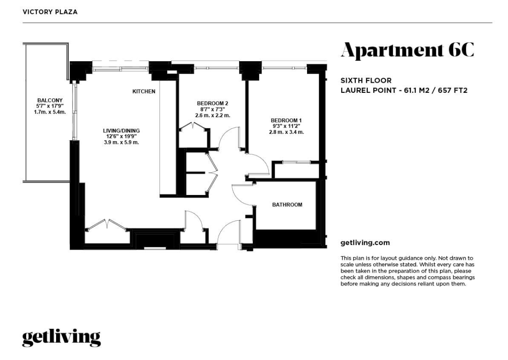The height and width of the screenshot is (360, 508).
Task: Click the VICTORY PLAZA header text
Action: [50, 12]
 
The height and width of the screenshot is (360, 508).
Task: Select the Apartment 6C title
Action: [408, 50]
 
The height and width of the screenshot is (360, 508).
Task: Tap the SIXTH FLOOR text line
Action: [366, 80]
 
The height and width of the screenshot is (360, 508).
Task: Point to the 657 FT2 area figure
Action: [452, 91]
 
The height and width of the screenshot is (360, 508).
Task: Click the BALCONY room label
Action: [50, 100]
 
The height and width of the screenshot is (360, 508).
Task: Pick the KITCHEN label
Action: [144, 91]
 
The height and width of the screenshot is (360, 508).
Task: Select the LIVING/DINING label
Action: [121, 131]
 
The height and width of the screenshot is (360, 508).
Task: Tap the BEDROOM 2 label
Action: [212, 103]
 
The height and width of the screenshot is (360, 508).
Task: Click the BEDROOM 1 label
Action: [286, 120]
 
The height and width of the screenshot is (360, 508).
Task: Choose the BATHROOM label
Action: [287, 205]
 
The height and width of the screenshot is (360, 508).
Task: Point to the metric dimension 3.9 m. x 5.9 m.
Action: [121, 142]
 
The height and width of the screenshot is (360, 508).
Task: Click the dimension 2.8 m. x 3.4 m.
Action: [286, 132]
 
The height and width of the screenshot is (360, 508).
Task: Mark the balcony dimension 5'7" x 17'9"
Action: [50, 106]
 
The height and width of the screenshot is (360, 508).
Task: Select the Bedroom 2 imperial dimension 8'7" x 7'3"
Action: [212, 109]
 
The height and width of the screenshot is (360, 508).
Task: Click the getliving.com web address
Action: [365, 243]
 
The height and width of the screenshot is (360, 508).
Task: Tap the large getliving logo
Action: [61, 338]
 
